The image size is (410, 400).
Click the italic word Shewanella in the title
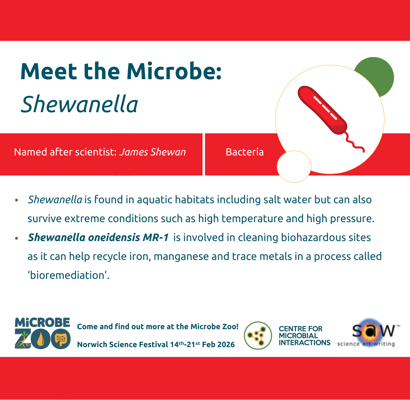pyautogui.click(x=79, y=104)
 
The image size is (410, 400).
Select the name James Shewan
pyautogui.click(x=152, y=152)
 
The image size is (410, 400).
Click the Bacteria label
pyautogui.click(x=245, y=152)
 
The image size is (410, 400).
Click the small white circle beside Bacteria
pyautogui.click(x=294, y=167)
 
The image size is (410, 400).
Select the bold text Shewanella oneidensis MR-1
pyautogui.click(x=98, y=238)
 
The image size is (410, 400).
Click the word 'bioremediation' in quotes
pyautogui.click(x=69, y=275)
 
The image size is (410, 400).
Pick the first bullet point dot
pyautogui.click(x=17, y=200)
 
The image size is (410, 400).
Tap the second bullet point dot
pyautogui.click(x=17, y=238)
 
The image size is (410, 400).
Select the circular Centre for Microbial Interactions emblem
pyautogui.click(x=258, y=336)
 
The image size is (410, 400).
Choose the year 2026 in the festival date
pyautogui.click(x=226, y=345)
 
